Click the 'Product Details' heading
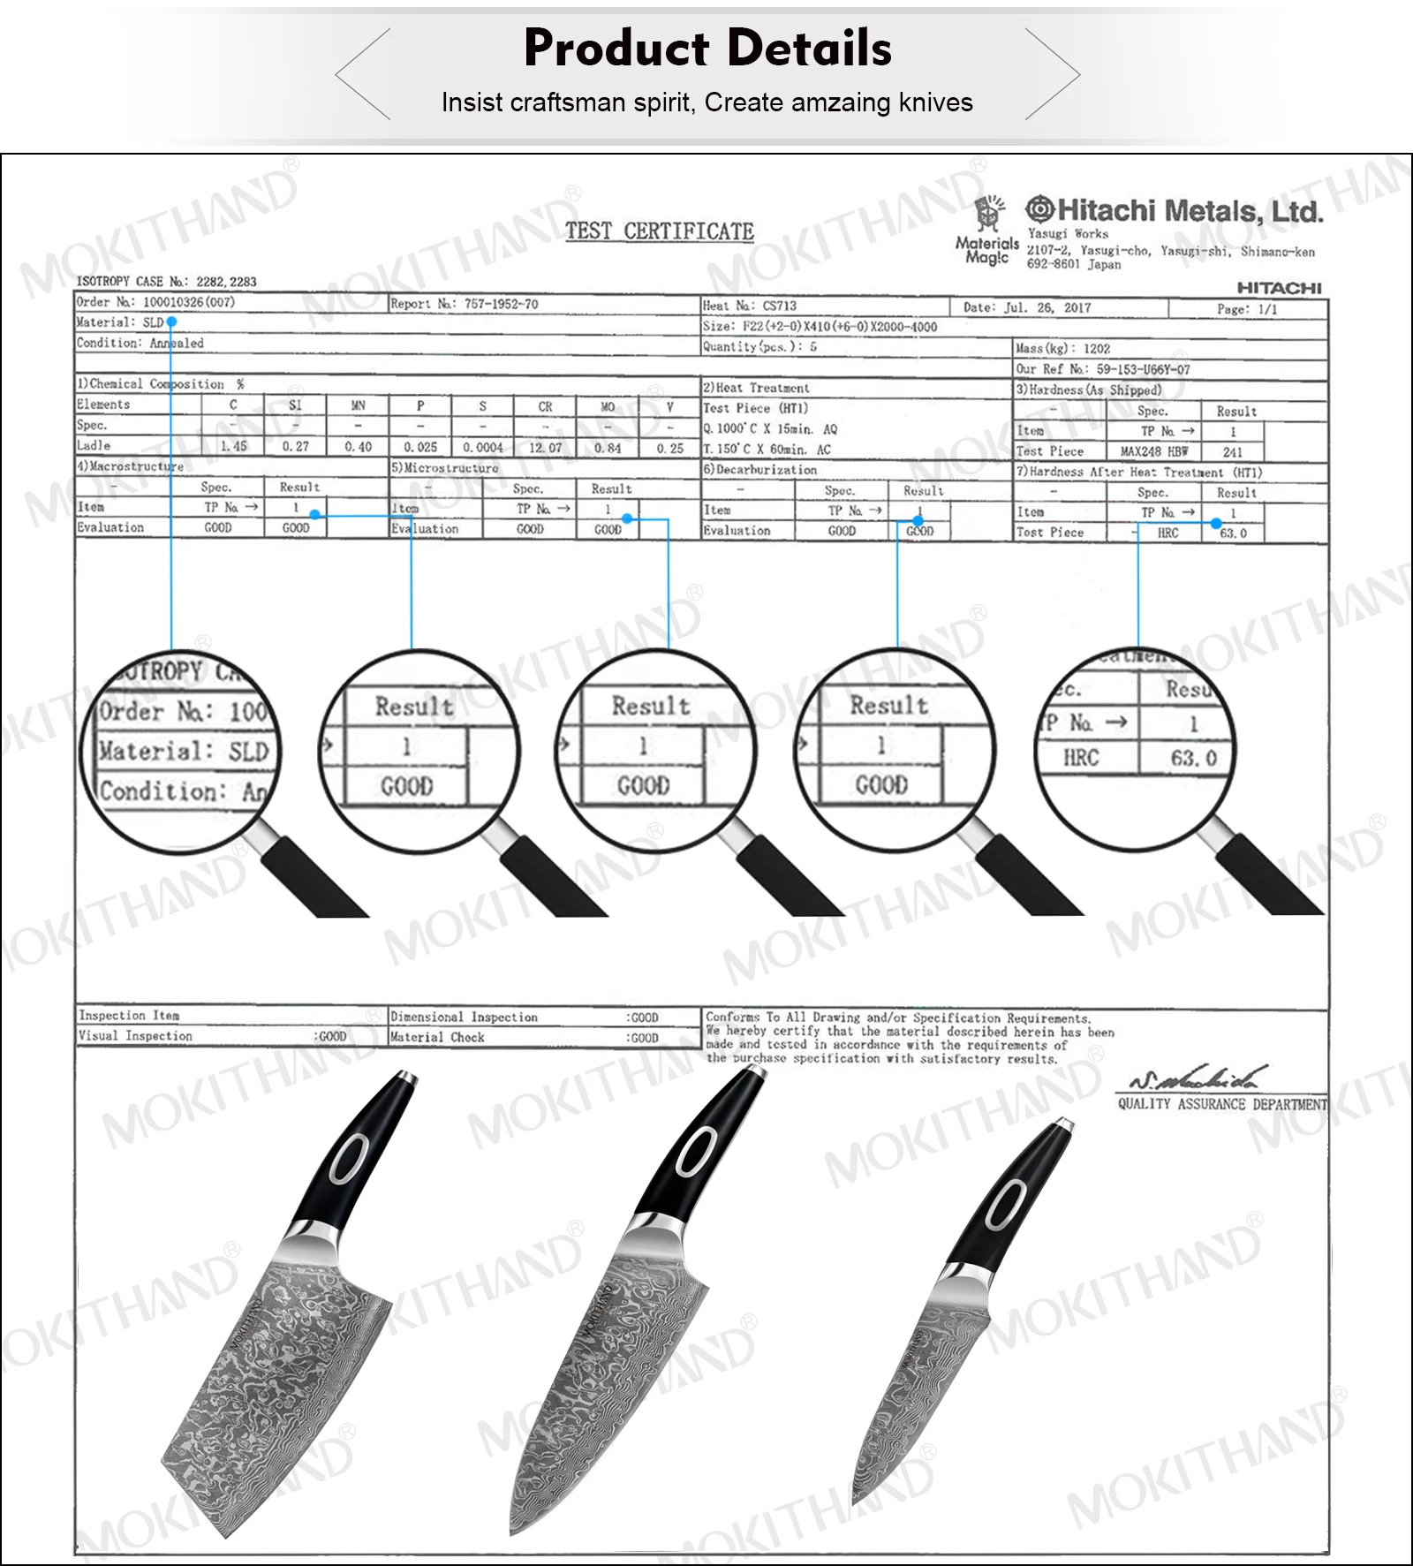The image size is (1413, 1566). tap(707, 48)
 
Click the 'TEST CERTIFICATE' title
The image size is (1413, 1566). tap(660, 231)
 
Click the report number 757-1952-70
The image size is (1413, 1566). tap(501, 304)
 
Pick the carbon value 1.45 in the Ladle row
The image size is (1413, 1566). tap(233, 447)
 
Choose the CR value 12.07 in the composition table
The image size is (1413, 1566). tap(545, 448)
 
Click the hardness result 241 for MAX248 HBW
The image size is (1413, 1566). tap(1233, 451)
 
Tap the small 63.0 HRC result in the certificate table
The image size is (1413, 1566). tap(1233, 533)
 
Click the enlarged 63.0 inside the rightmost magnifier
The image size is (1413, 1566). tap(1193, 759)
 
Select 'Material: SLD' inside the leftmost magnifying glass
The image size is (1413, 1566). tap(184, 752)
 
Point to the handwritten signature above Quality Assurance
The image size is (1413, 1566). tap(1198, 1078)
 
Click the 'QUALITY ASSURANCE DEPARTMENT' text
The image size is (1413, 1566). tap(1222, 1104)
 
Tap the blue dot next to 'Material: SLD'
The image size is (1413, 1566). tap(171, 322)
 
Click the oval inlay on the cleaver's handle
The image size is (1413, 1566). tap(350, 1158)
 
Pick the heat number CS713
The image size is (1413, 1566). tap(779, 306)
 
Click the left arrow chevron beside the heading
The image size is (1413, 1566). tap(363, 74)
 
